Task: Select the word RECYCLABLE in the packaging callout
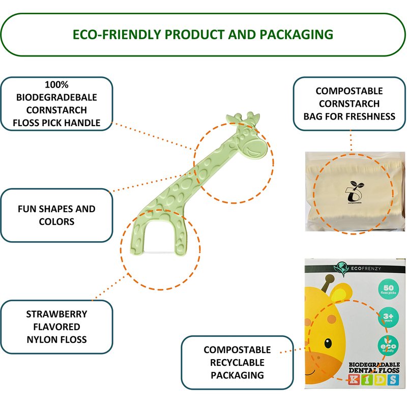[x=237, y=363]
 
